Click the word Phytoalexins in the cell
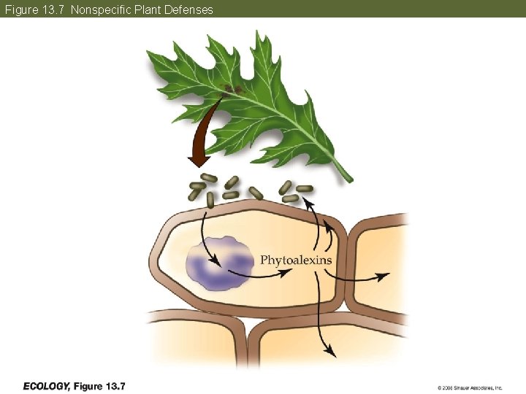pyautogui.click(x=296, y=260)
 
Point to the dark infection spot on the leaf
pyautogui.click(x=232, y=90)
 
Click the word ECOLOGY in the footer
pyautogui.click(x=47, y=385)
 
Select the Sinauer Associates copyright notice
pyautogui.click(x=470, y=387)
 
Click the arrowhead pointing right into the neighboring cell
pyautogui.click(x=384, y=276)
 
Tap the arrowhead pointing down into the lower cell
pyautogui.click(x=331, y=353)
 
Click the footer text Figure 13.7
pyautogui.click(x=100, y=385)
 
